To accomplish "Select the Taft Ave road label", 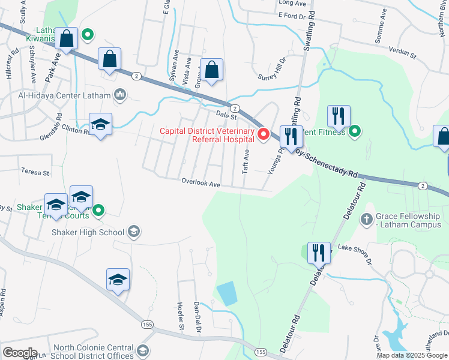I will [x=246, y=162].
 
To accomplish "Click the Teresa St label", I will [x=35, y=172].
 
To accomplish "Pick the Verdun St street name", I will [x=402, y=52].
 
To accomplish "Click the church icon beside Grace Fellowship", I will [x=367, y=219].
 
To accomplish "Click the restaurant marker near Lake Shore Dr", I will [x=318, y=253].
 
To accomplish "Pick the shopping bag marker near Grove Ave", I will [x=212, y=70].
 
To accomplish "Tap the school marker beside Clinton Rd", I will [x=100, y=124].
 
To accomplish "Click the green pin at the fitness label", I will [x=355, y=131].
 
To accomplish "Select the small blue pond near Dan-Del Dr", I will [x=226, y=293].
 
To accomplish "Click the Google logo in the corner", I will [x=20, y=352].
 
